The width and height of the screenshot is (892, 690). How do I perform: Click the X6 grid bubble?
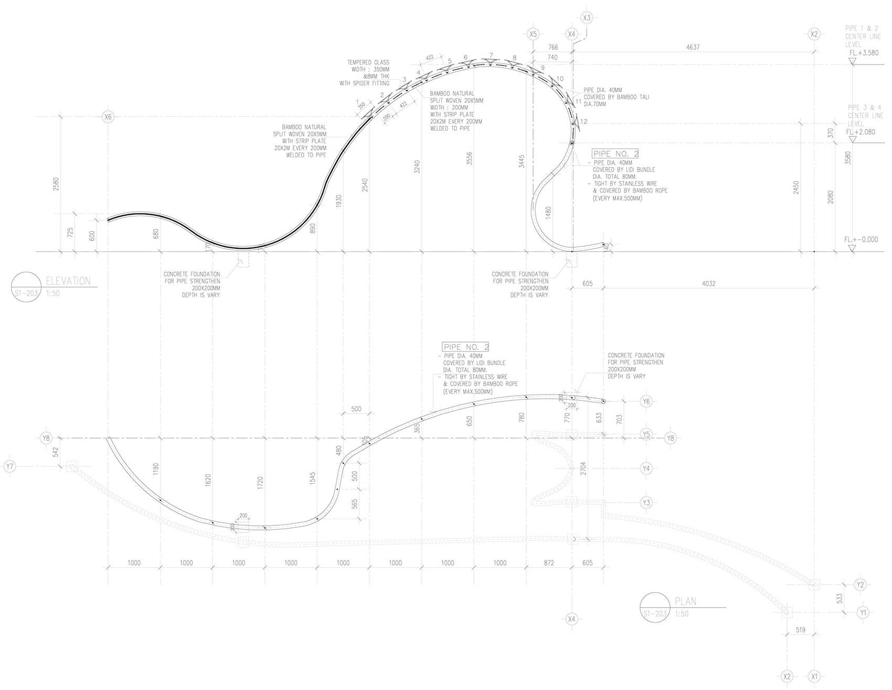click(x=108, y=117)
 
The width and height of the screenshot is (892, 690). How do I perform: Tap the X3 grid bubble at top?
click(x=587, y=18)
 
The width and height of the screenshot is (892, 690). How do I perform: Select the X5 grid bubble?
click(x=533, y=34)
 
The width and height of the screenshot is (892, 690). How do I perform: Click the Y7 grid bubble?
click(x=9, y=466)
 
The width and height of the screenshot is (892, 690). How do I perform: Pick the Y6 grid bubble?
click(x=646, y=401)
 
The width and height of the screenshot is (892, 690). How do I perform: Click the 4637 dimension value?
click(x=693, y=47)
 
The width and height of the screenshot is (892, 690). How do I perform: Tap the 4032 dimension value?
click(x=708, y=284)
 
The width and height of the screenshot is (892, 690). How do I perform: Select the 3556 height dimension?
click(x=470, y=158)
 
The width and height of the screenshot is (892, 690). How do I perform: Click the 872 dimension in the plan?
click(x=548, y=563)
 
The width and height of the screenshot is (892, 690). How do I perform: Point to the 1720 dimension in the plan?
click(x=260, y=484)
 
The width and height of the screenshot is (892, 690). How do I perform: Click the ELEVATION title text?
click(x=68, y=281)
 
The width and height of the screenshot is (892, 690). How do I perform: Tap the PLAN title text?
click(x=686, y=602)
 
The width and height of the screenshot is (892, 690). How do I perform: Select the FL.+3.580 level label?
click(x=863, y=53)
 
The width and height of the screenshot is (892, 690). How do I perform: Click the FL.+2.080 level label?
click(x=861, y=132)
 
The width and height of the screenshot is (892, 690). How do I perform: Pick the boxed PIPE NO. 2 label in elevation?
click(x=615, y=154)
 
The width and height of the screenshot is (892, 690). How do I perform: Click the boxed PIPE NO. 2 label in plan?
click(x=466, y=347)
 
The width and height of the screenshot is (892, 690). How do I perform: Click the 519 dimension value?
click(x=800, y=630)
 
